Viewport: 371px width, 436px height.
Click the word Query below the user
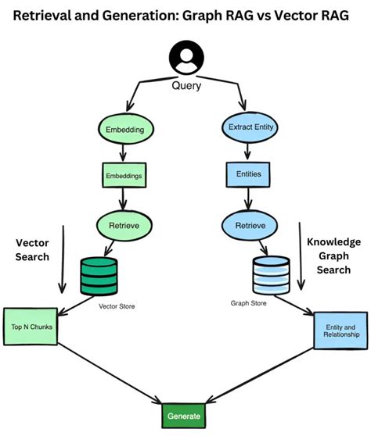click(186, 86)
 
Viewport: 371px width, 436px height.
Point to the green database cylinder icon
click(99, 276)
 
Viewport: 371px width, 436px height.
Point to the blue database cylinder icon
click(270, 277)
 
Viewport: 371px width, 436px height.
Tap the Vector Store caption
click(117, 306)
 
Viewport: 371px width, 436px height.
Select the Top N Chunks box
click(32, 327)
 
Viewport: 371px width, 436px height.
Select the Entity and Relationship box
click(340, 331)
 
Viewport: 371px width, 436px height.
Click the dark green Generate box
click(185, 416)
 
